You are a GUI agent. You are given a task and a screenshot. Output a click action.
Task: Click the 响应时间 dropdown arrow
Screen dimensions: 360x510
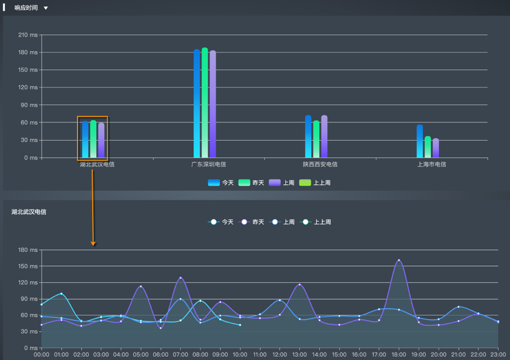(x=46, y=8)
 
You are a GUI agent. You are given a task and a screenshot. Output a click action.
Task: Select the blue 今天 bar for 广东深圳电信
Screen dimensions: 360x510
(x=197, y=102)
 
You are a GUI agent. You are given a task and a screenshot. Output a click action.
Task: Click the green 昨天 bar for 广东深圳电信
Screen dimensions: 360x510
(x=205, y=102)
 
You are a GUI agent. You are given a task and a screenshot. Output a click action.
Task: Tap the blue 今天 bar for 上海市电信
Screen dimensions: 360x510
(x=420, y=141)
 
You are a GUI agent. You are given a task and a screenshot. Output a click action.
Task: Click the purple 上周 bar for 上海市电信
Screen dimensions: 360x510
(x=436, y=148)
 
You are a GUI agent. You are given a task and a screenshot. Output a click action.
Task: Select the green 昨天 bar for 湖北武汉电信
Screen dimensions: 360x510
(x=93, y=139)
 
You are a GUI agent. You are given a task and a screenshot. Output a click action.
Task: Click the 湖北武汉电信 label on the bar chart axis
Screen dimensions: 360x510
(x=97, y=164)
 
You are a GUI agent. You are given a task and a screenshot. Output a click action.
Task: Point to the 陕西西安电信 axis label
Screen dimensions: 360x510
(x=320, y=164)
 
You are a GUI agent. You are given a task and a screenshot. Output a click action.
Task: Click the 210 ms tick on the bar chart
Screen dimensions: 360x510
(x=29, y=35)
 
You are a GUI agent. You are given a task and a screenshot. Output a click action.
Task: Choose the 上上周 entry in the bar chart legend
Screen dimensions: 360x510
(x=315, y=183)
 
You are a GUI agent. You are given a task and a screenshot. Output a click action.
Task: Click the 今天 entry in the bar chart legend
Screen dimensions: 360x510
(x=221, y=183)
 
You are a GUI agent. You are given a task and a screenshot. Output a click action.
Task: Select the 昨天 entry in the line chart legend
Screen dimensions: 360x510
(x=251, y=222)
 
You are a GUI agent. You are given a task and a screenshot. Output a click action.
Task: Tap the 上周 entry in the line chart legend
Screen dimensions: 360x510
(x=282, y=222)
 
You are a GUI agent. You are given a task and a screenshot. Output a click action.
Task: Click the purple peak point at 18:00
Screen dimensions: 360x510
(x=399, y=260)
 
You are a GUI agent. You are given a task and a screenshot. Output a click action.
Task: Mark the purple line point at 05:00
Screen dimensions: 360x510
(x=141, y=286)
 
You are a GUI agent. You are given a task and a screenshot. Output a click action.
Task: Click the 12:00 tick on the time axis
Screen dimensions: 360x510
(x=280, y=355)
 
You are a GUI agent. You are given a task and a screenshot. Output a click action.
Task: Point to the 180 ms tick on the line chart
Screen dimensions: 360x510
(x=29, y=250)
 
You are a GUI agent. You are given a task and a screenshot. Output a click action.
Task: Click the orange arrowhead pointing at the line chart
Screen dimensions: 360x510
(x=93, y=244)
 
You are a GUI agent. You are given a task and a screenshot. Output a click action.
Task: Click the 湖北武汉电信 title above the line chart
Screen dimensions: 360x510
(x=29, y=212)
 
